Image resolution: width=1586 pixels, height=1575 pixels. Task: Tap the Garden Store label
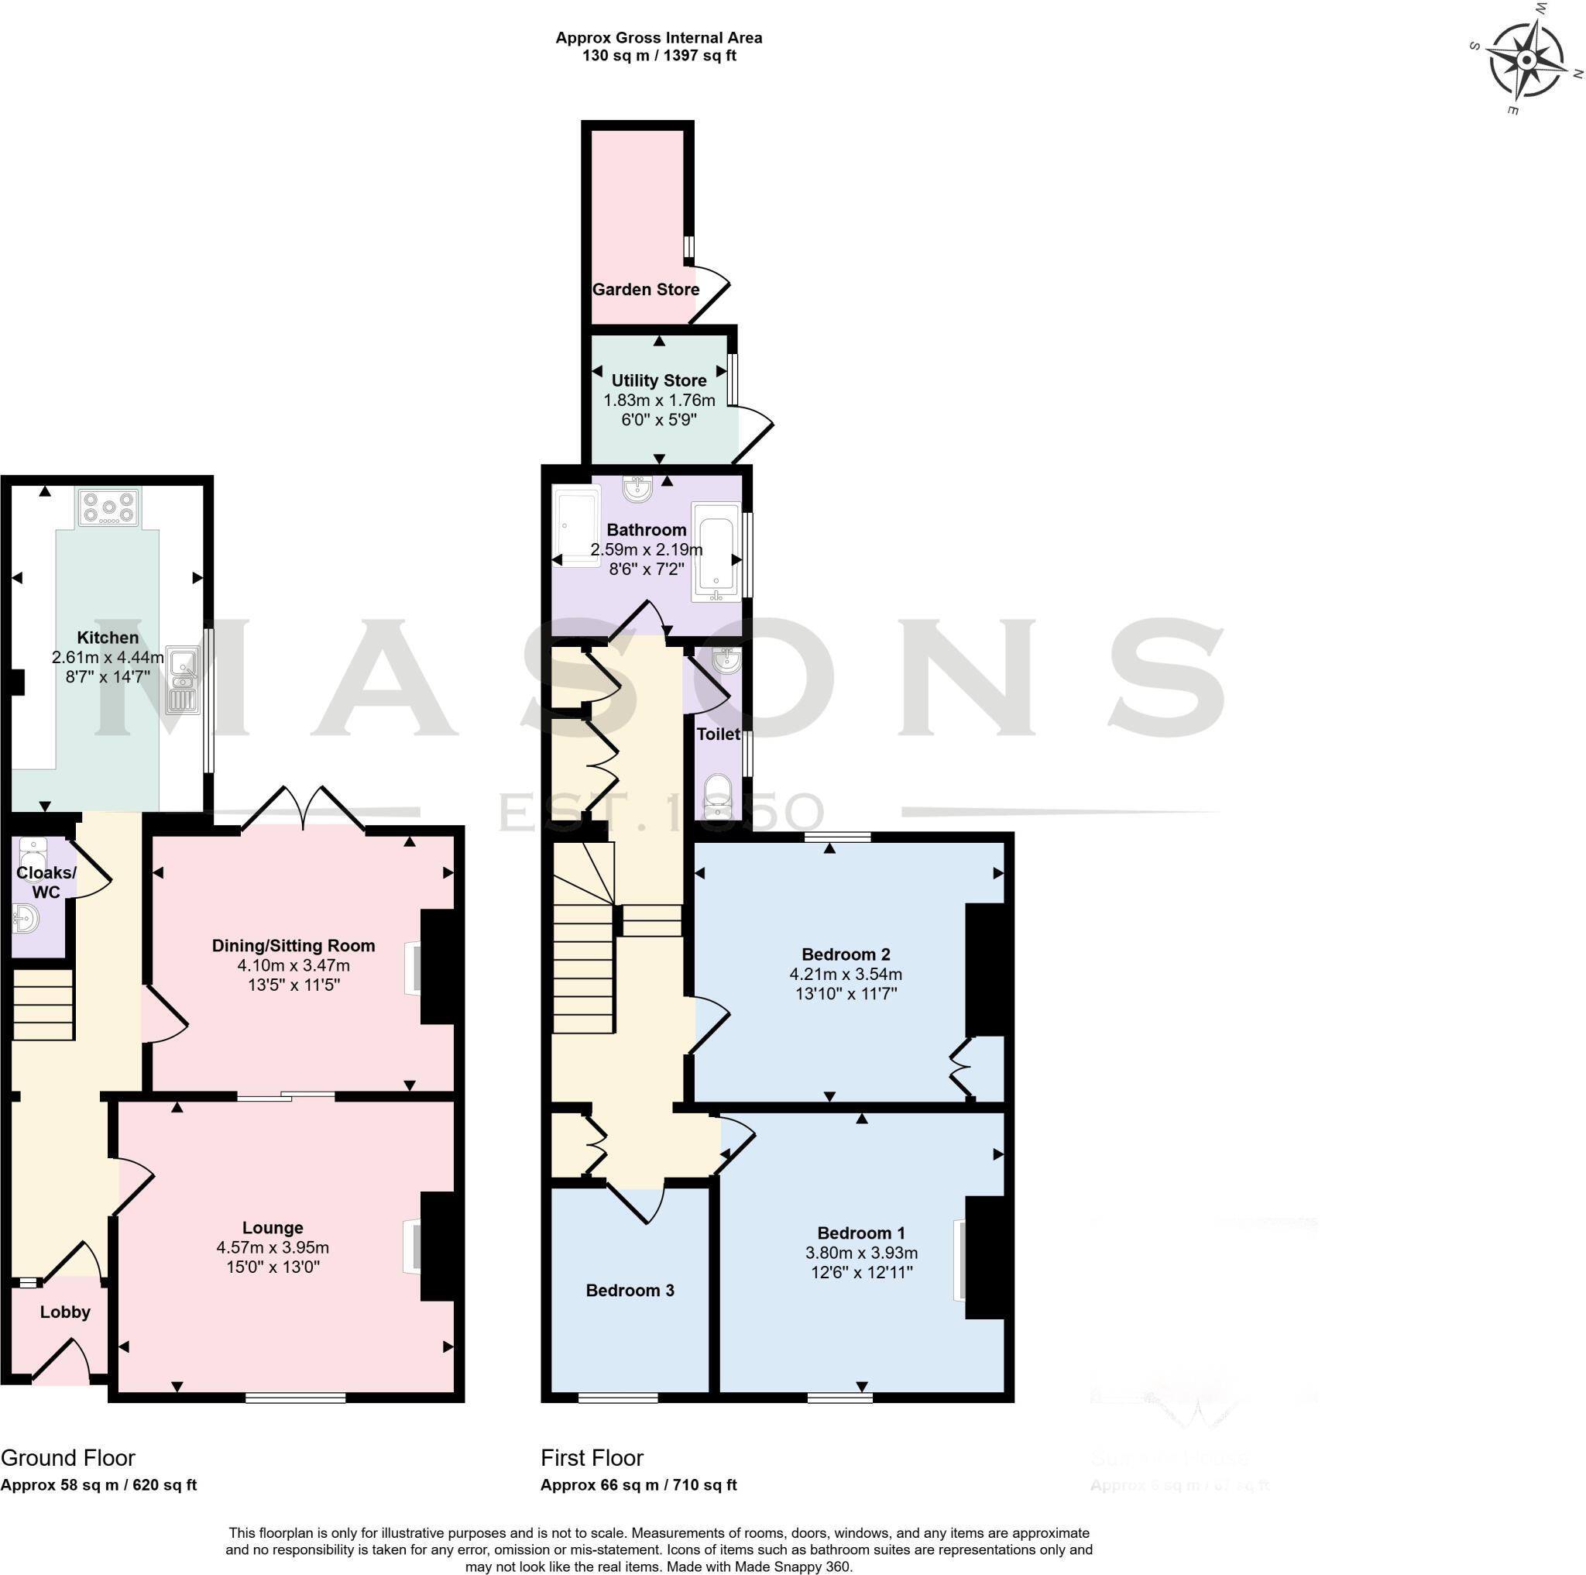[645, 289]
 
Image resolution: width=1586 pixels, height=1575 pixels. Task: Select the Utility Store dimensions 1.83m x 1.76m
[659, 400]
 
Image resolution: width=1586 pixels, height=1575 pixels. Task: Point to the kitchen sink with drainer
[182, 679]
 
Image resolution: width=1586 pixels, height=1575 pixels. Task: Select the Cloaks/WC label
[46, 882]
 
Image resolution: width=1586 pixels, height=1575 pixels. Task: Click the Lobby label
[65, 1312]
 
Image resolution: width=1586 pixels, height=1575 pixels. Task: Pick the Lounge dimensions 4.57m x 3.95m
[273, 1247]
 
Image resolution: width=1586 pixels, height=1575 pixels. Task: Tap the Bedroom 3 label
[630, 1290]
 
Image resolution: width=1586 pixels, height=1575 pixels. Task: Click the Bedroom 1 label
[861, 1233]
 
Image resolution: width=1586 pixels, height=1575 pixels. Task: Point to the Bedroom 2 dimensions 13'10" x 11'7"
[846, 992]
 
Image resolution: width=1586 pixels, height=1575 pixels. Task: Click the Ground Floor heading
[68, 1456]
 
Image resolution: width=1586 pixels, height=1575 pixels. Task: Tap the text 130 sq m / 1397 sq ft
[658, 56]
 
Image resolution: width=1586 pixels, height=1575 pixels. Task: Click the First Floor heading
[592, 1456]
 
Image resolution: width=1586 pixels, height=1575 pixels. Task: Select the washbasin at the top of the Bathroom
[637, 490]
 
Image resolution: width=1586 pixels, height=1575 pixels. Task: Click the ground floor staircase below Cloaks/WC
[43, 1004]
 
